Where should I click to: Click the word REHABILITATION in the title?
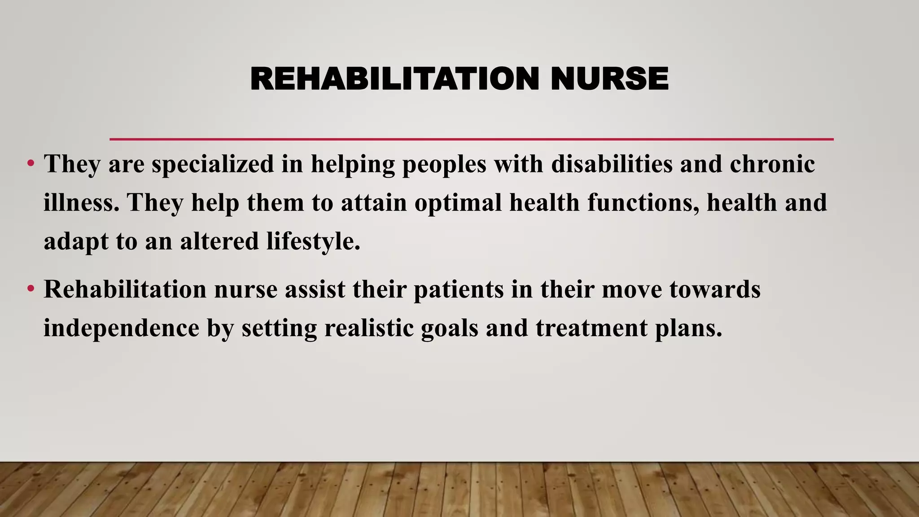click(394, 79)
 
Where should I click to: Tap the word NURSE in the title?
click(609, 79)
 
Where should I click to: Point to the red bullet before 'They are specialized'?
click(31, 163)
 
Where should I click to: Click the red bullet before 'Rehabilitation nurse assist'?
click(31, 289)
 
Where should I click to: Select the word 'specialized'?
click(213, 164)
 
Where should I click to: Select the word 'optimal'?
click(458, 203)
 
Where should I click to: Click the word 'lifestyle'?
click(313, 241)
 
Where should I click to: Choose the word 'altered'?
click(219, 241)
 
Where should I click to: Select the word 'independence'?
click(121, 329)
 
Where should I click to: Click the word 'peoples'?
click(444, 164)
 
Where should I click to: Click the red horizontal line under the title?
click(471, 140)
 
